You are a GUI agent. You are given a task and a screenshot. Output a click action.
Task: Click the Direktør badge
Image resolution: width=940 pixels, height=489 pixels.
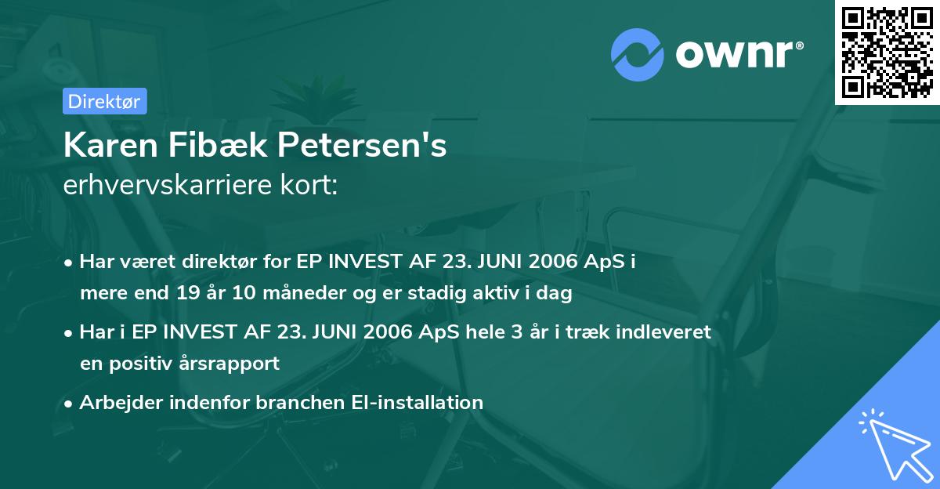pyautogui.click(x=104, y=101)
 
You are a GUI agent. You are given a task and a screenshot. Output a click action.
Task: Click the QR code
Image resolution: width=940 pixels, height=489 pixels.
pyautogui.click(x=888, y=52)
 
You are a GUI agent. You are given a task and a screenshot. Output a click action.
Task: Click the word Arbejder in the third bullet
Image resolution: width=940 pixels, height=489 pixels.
pyautogui.click(x=116, y=402)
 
